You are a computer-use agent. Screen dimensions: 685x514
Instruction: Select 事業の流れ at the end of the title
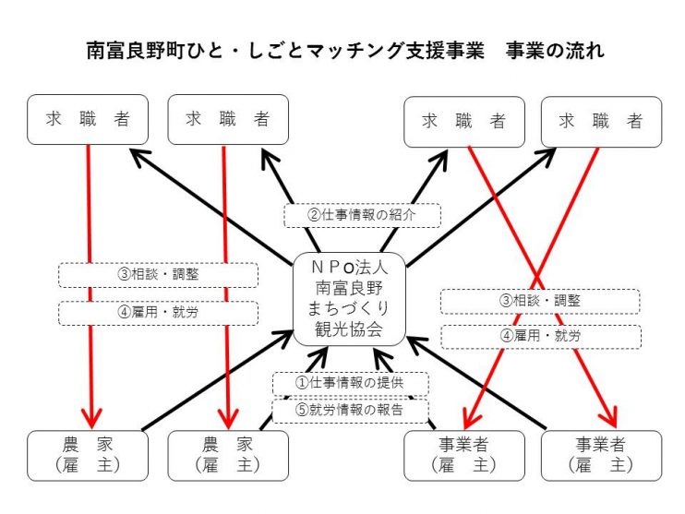pyautogui.click(x=555, y=51)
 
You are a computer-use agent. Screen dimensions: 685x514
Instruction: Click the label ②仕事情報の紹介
pyautogui.click(x=362, y=215)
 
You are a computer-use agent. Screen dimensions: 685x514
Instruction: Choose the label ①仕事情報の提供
pyautogui.click(x=351, y=383)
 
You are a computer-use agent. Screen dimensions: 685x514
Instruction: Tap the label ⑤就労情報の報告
pyautogui.click(x=351, y=410)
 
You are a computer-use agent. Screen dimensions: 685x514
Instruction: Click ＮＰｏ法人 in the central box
pyautogui.click(x=350, y=267)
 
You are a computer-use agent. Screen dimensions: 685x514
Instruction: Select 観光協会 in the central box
pyautogui.click(x=350, y=329)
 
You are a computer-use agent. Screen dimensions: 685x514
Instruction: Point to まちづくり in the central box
pyautogui.click(x=350, y=308)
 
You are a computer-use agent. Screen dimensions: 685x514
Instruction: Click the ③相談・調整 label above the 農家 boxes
pyautogui.click(x=158, y=275)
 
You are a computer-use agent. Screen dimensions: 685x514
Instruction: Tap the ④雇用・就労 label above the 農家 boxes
pyautogui.click(x=158, y=313)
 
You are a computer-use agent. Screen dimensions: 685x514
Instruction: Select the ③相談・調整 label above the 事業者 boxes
pyautogui.click(x=540, y=301)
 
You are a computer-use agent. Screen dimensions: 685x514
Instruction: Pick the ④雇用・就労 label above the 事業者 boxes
pyautogui.click(x=541, y=336)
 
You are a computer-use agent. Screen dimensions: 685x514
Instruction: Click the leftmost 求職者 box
pyautogui.click(x=88, y=120)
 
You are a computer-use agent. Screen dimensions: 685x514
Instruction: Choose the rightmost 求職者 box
pyautogui.click(x=602, y=122)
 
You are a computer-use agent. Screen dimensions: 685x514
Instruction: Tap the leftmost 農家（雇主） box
pyautogui.click(x=88, y=456)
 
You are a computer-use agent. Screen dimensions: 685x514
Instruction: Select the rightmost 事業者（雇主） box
pyautogui.click(x=602, y=456)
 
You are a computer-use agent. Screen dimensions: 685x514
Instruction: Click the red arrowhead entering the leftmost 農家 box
pyautogui.click(x=91, y=418)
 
